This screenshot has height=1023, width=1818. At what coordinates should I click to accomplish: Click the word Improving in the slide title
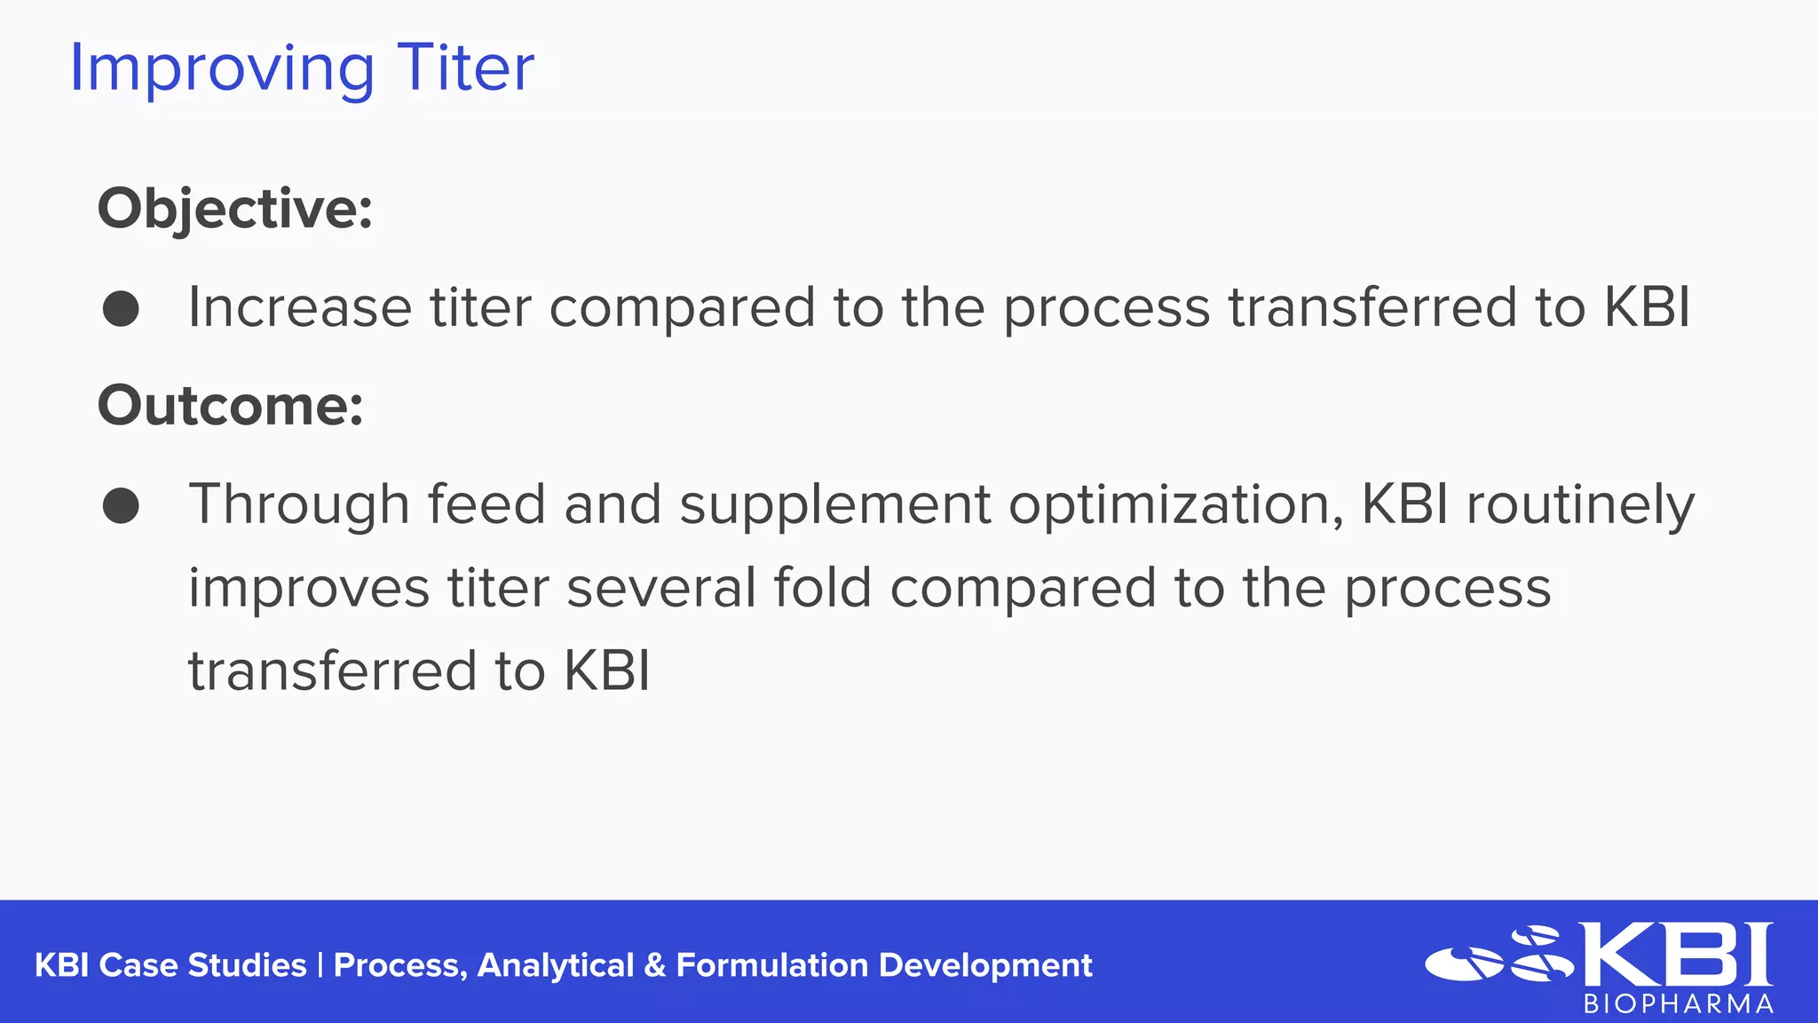point(222,69)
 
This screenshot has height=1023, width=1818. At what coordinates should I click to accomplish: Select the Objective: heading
point(234,210)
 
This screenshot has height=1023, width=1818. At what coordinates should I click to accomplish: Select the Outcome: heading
point(230,406)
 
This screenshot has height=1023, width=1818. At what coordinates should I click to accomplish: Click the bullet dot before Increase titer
point(121,309)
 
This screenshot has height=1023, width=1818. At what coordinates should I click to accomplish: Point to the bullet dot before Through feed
point(121,506)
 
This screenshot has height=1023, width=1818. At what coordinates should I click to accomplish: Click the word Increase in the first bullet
point(299,307)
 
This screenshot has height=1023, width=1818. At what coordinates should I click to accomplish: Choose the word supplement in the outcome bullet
point(834,505)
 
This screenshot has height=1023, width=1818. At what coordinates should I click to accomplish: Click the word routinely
point(1580,505)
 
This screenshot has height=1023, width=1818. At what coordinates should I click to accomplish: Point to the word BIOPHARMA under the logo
point(1679,1004)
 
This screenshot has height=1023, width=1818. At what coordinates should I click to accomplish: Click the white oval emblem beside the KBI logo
point(1465,964)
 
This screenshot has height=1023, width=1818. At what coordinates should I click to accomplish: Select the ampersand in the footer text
point(655,965)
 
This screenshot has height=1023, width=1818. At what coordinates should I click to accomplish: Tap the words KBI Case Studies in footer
point(170,965)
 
